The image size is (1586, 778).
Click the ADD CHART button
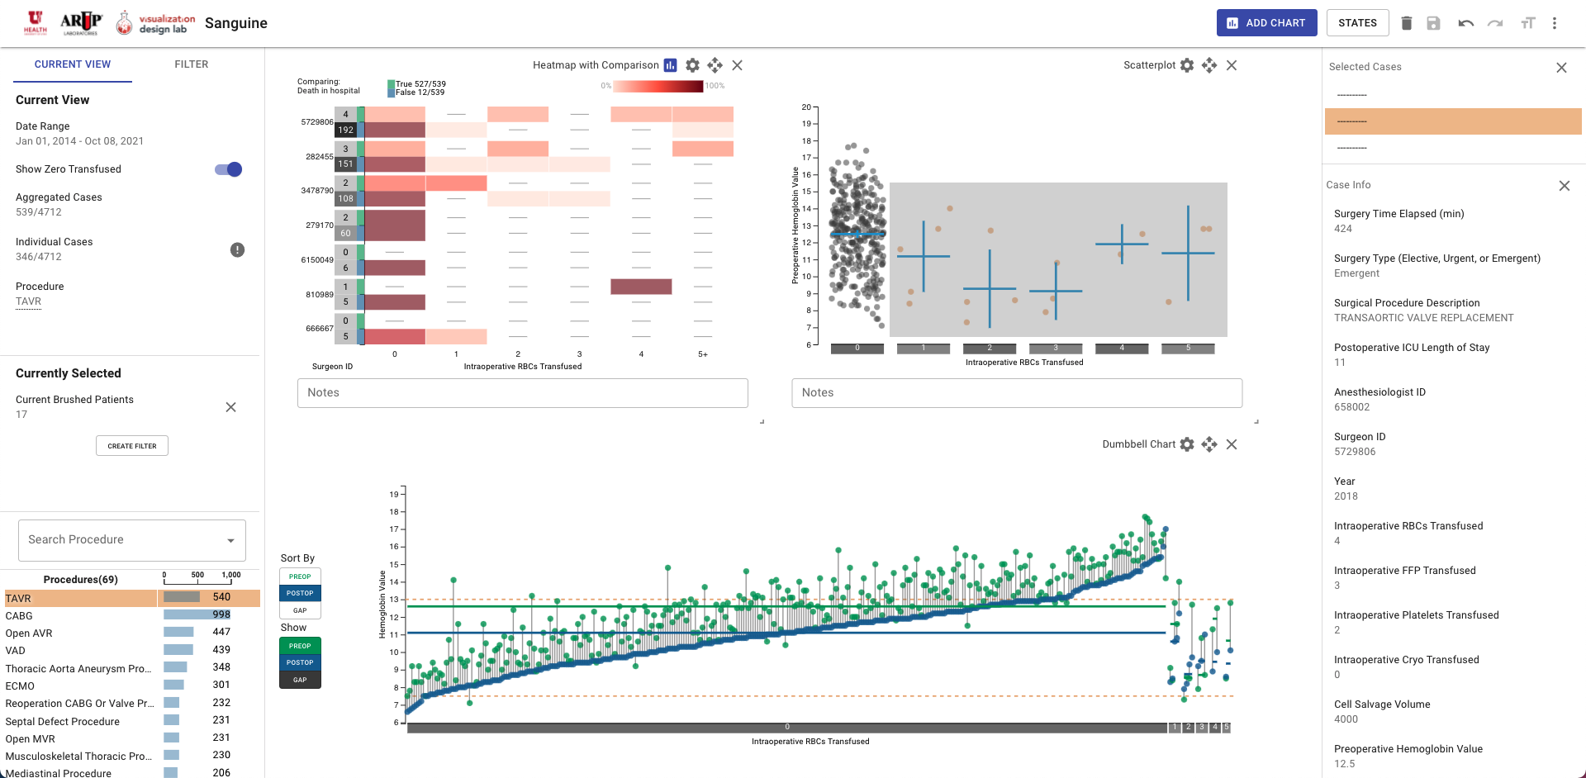point(1265,23)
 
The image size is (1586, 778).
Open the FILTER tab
point(191,64)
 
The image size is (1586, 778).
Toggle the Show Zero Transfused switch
point(229,169)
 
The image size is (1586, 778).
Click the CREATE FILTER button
point(132,446)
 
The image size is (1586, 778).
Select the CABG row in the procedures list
point(19,616)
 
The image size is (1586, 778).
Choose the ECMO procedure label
point(20,686)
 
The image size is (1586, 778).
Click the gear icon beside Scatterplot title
point(1187,65)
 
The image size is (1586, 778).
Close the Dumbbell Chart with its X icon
point(1232,444)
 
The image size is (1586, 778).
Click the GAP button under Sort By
point(300,610)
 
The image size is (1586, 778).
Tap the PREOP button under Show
point(300,646)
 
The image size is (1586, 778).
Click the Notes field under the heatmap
point(522,393)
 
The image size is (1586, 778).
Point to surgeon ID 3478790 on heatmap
point(317,191)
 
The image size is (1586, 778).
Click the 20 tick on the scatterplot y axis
point(805,107)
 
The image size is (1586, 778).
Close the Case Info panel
point(1564,186)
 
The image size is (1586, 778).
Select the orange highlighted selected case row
point(1452,121)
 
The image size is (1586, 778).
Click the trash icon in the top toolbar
point(1406,23)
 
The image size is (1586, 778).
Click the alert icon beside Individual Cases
point(237,250)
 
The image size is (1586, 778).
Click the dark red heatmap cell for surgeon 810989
point(641,287)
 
